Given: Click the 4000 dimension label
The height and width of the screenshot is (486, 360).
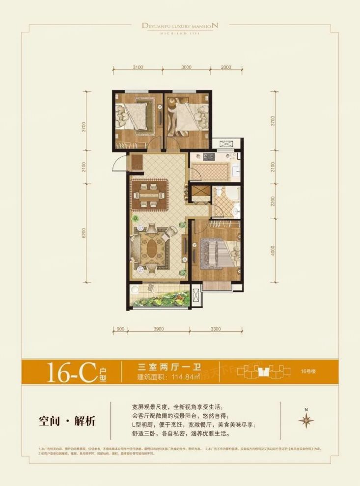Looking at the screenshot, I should (x=273, y=251).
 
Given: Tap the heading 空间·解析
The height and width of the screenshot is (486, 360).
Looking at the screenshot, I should (x=66, y=421).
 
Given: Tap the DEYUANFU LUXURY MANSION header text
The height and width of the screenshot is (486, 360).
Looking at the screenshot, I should (x=180, y=24).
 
